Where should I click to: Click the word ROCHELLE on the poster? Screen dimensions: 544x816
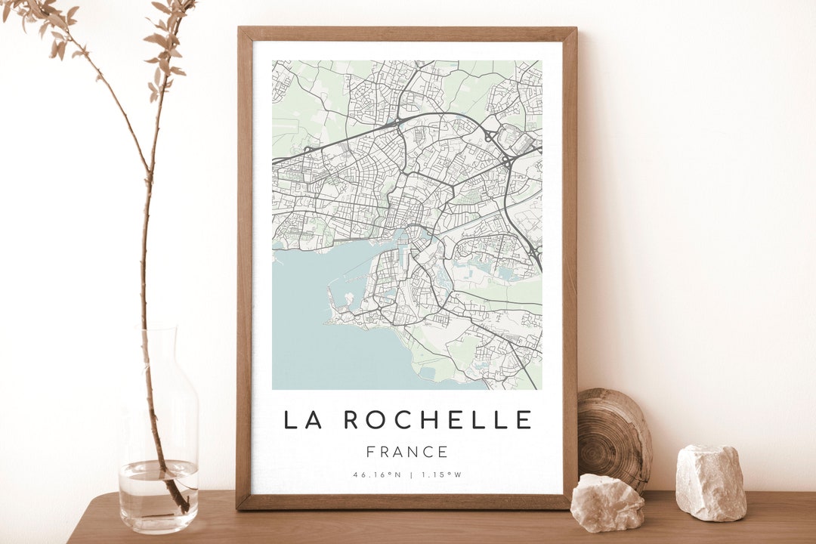click(x=438, y=419)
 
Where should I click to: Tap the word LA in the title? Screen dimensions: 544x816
click(x=302, y=419)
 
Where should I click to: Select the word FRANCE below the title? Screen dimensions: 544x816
click(x=407, y=453)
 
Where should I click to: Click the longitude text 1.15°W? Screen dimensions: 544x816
click(x=441, y=475)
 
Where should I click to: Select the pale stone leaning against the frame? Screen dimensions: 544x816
click(x=607, y=502)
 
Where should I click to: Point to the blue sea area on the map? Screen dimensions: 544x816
click(x=310, y=332)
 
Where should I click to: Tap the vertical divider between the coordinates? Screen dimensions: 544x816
click(x=410, y=475)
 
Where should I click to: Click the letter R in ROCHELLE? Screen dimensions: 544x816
click(x=352, y=419)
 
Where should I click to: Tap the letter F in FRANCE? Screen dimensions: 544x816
click(x=371, y=453)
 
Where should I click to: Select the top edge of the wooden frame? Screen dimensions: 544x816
click(x=407, y=33)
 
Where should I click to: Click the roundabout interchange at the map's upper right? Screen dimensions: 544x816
click(x=505, y=160)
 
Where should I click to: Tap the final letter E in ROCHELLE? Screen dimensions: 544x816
click(x=525, y=419)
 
